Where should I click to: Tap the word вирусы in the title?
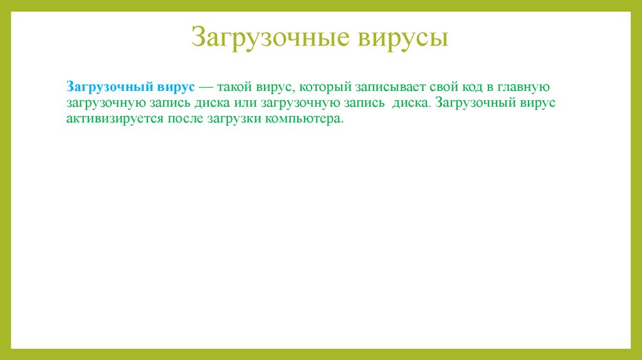coord(403,37)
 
